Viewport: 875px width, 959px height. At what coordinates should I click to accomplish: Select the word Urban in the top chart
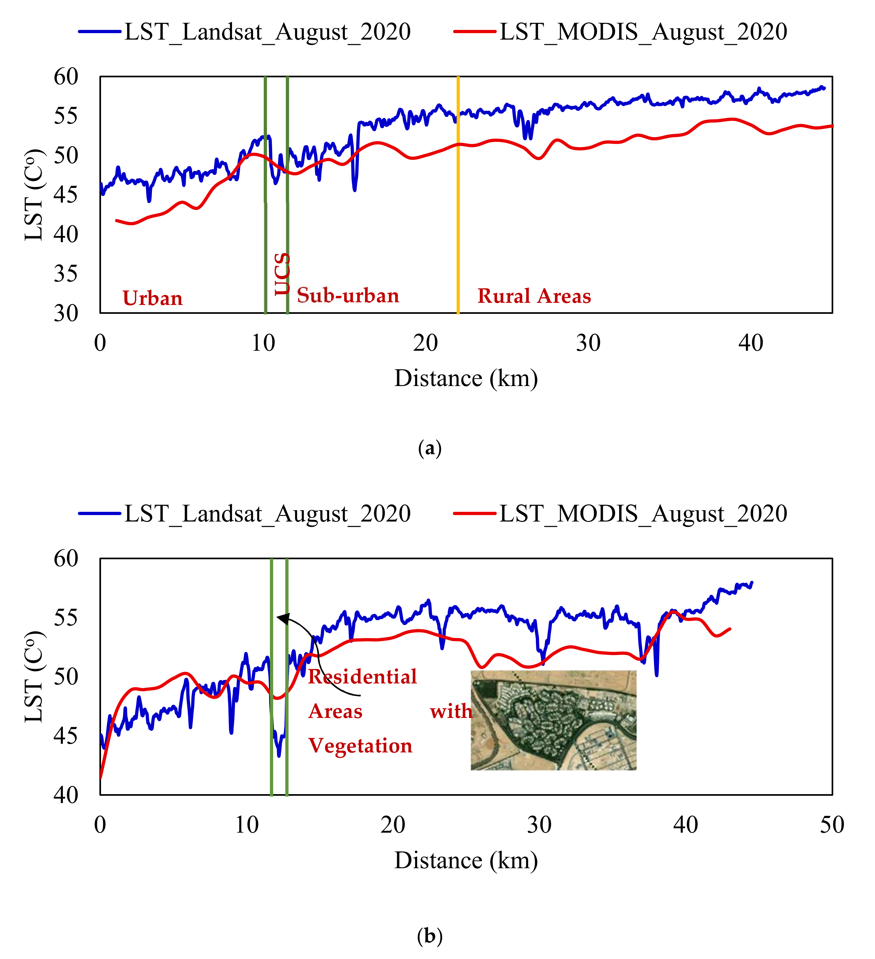pos(153,298)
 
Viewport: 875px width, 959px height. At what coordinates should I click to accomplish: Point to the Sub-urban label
pos(348,296)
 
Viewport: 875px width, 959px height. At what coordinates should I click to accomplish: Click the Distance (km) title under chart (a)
pos(466,379)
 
